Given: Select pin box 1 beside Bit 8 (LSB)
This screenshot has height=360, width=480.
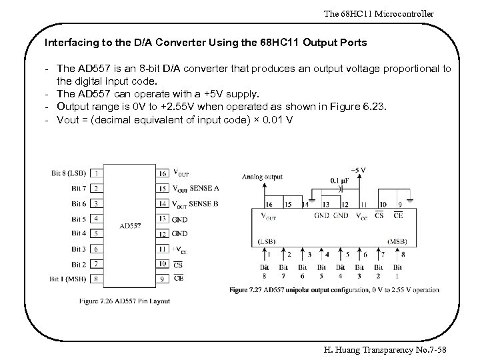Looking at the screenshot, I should tap(97, 173).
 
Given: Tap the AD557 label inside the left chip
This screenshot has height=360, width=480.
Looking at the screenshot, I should tap(131, 226).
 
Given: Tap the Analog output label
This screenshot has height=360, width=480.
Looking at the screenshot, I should tap(262, 177).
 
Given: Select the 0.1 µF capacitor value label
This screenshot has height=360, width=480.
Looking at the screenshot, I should tap(339, 181).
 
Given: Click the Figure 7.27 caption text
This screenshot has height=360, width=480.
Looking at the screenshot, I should tap(334, 290).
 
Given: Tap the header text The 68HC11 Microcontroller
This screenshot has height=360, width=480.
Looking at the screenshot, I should tap(379, 13).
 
